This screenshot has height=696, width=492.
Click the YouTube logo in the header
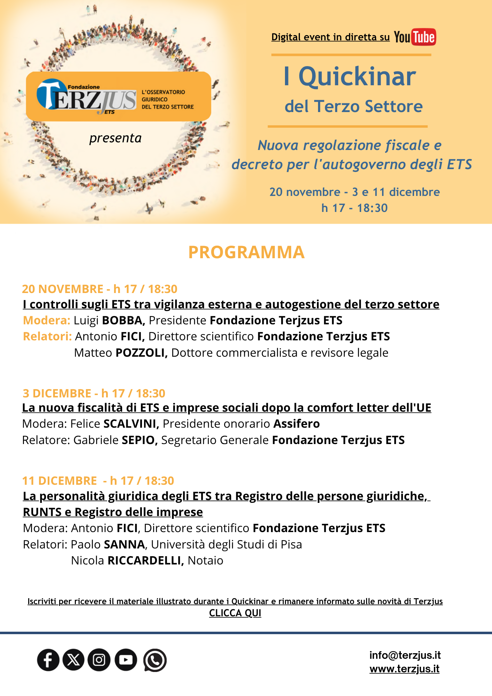(x=415, y=37)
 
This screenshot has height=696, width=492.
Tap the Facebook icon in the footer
(x=48, y=660)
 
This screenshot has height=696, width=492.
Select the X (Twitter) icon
(x=73, y=660)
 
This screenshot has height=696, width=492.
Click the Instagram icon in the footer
(x=99, y=660)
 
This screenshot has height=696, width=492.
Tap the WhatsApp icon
(x=155, y=660)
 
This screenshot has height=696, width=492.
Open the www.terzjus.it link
(x=404, y=669)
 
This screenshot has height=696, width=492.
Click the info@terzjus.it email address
(x=405, y=655)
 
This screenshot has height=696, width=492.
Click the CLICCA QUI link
(x=235, y=613)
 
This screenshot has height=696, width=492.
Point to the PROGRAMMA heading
(x=246, y=252)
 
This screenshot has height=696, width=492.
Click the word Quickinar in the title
(x=357, y=77)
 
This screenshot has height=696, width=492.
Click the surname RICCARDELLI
(x=146, y=561)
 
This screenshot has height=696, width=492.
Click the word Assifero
(x=297, y=424)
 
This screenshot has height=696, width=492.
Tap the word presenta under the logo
(x=116, y=138)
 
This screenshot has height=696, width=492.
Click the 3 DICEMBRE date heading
(x=57, y=393)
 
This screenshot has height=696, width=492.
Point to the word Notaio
(x=205, y=561)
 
